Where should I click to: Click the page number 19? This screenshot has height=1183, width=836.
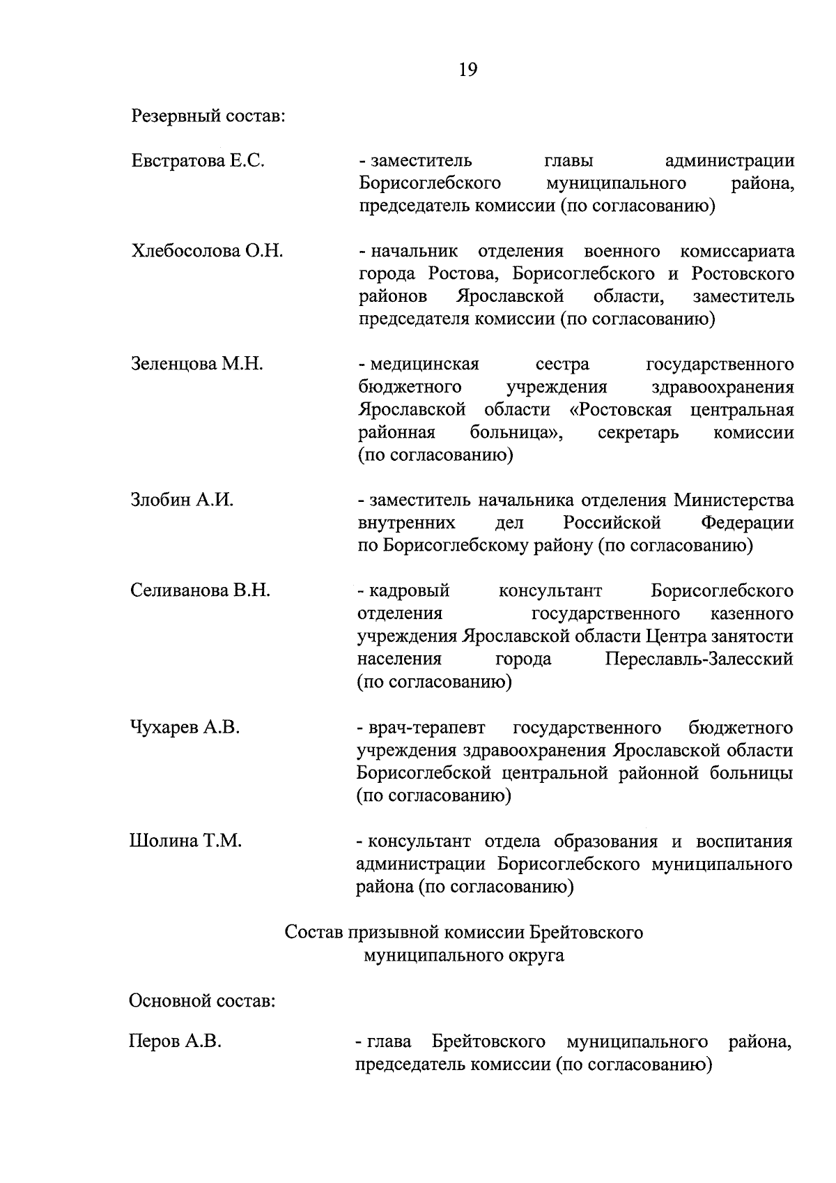coord(467,70)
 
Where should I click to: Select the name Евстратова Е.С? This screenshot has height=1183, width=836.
coord(198,161)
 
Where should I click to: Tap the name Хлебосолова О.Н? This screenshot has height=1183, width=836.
coord(207,251)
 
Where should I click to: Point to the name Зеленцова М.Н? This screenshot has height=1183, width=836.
coord(197,364)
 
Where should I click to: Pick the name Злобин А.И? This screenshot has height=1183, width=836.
coord(182,500)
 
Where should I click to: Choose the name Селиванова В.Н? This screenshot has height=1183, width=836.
coord(200,590)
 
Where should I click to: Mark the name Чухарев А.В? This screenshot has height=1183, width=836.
coord(185,727)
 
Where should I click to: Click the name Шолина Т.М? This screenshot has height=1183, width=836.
coord(185,841)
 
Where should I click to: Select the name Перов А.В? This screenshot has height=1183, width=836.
coord(175,1042)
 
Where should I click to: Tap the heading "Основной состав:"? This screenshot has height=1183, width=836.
coord(203,1002)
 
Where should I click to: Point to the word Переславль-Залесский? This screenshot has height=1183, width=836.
coord(699,659)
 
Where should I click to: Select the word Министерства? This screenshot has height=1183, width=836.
coord(734,500)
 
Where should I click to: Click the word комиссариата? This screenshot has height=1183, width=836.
coord(737,251)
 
